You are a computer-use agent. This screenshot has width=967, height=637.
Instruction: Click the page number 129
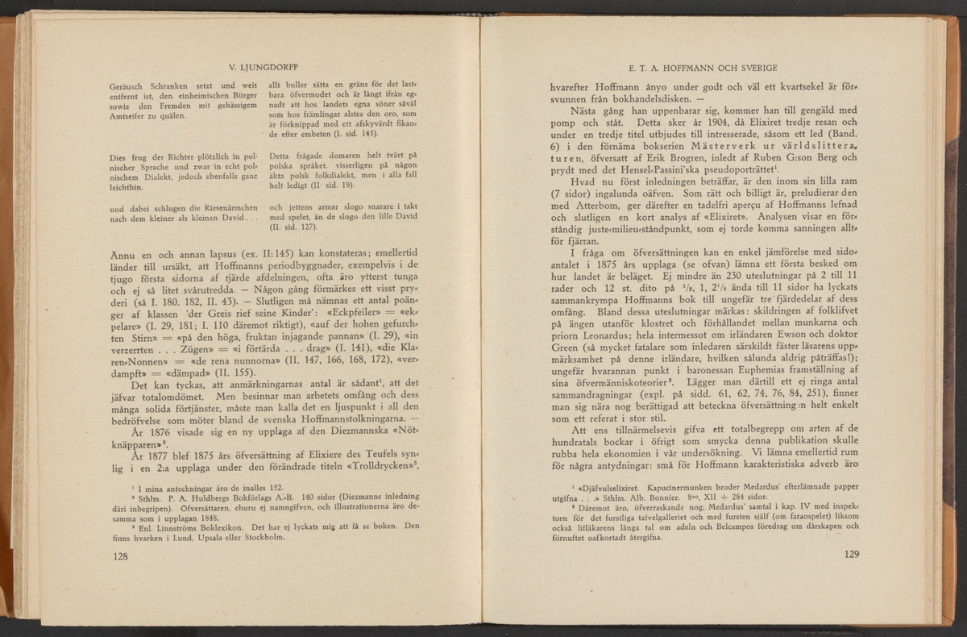(853, 554)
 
